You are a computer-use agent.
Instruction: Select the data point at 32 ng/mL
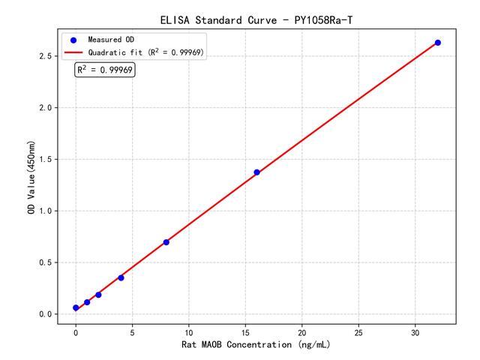pos(438,43)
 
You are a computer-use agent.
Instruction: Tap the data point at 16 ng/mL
pos(256,172)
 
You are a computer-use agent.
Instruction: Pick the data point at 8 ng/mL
pos(166,242)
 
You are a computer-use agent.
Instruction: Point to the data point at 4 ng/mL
pos(121,277)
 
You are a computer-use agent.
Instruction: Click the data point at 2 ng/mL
pos(98,295)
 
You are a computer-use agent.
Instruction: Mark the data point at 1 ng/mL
pos(87,302)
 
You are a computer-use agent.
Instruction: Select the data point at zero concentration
pos(76,308)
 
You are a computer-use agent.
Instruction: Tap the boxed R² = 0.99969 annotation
pos(104,70)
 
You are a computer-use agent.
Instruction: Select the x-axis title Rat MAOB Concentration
pos(256,345)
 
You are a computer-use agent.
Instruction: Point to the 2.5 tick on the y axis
pos(44,56)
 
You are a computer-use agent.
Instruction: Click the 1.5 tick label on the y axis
pos(44,160)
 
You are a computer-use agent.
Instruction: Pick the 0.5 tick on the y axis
pos(44,262)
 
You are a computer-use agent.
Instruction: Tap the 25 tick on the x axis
pos(358,331)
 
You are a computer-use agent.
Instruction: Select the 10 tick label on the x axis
pos(189,331)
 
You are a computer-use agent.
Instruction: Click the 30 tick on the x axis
pos(415,331)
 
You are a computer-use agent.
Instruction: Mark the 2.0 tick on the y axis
pos(44,108)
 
